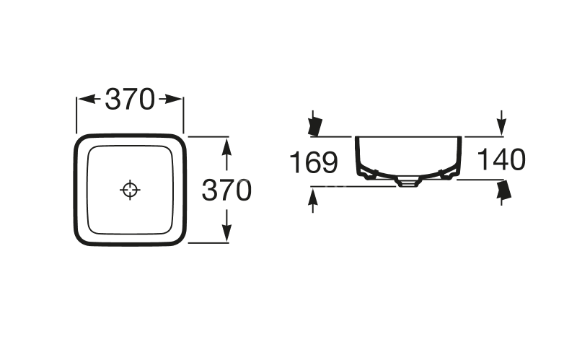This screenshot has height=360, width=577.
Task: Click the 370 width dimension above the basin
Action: [130, 100]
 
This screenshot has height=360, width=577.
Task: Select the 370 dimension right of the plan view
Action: [226, 190]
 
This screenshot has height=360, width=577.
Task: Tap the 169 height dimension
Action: [314, 162]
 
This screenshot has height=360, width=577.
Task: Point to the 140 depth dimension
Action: [501, 160]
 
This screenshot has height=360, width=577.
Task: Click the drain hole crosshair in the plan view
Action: [130, 190]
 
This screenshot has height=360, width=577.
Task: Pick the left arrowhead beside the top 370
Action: [85, 100]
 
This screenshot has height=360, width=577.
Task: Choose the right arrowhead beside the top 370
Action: [175, 100]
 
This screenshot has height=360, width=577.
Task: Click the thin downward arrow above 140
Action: [501, 123]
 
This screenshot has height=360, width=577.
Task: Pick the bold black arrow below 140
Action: [503, 190]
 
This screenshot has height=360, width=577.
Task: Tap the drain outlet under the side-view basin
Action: [408, 183]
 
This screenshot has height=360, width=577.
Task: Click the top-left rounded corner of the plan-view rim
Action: [82, 141]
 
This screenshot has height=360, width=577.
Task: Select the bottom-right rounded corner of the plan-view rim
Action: [177, 238]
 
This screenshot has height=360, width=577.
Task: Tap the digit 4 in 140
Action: [501, 160]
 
